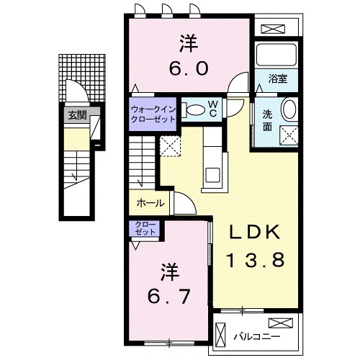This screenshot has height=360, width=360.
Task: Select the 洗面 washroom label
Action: tap(266, 120)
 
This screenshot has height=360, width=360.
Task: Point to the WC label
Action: tap(214, 109)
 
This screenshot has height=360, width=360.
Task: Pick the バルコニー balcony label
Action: tap(256, 335)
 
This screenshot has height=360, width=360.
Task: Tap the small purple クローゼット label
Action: tap(146, 230)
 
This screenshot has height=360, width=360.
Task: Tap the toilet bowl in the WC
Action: tap(194, 109)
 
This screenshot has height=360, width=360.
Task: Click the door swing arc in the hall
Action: tap(182, 204)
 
